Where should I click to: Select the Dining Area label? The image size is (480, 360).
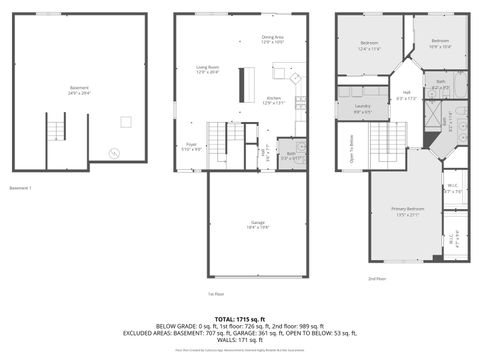272,39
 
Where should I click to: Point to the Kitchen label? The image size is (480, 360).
272,100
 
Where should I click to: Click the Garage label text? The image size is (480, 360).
257,225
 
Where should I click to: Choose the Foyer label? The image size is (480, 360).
190,146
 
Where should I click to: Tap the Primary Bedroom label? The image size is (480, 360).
408,211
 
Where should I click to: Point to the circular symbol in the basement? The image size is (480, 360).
113,153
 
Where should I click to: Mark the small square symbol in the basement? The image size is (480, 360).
126,121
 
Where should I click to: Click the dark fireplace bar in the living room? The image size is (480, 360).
240,84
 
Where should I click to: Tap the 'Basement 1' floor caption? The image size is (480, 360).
21,188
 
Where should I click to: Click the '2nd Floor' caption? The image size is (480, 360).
376,278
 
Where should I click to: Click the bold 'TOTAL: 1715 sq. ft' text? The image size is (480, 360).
240,317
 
